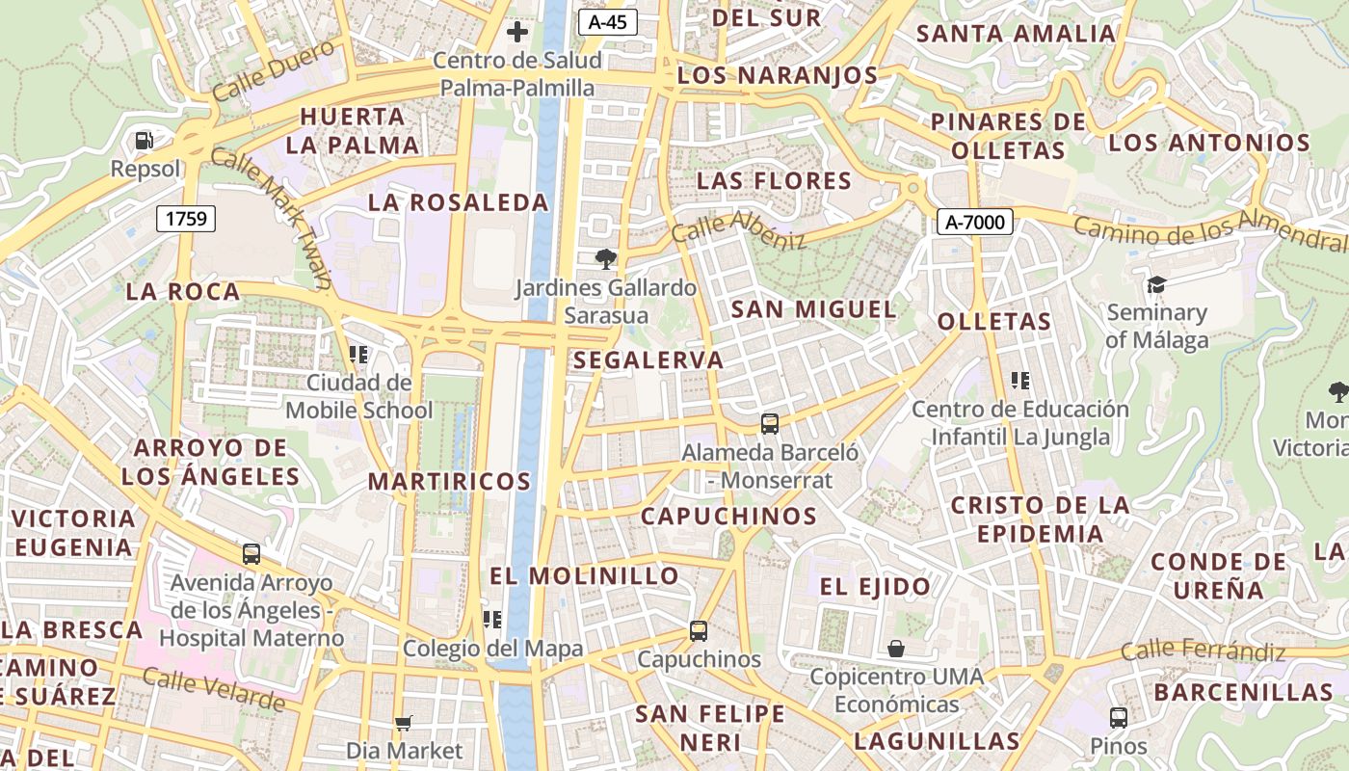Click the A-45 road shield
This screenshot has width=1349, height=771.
608,22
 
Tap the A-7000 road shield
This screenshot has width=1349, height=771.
974,223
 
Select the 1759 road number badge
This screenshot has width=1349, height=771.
186,219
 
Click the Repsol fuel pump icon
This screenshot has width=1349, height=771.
145,141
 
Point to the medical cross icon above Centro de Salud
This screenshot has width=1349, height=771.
517,32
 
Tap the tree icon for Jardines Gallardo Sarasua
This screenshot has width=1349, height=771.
606,258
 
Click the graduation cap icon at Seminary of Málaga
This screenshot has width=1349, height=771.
1156,284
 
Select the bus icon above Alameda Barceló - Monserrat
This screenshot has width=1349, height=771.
769,423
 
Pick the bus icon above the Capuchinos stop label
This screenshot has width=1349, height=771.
699,631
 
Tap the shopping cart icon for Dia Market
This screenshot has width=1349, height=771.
404,722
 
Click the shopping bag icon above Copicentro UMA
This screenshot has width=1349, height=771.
896,648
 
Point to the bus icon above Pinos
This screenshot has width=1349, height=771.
1118,717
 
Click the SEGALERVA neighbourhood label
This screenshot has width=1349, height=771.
648,360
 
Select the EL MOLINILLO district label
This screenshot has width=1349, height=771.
585,576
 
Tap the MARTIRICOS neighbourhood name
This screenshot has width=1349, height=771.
450,481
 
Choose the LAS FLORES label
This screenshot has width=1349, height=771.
774,181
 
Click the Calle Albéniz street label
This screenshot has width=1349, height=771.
738,231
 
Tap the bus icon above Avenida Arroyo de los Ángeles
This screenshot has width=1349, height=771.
251,554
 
